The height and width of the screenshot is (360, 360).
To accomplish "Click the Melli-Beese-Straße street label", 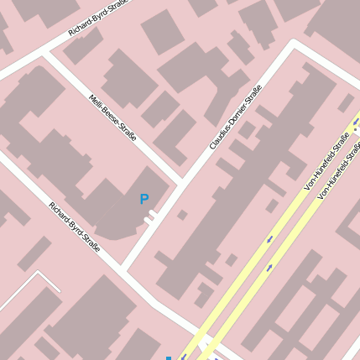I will (112, 117).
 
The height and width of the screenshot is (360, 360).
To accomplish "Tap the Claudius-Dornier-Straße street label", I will (236, 117).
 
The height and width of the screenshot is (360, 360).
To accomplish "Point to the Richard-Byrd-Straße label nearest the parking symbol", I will (74, 227).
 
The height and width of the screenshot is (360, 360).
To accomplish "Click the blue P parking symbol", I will (144, 200).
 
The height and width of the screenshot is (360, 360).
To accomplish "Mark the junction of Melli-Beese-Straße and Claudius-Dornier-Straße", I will (180, 180).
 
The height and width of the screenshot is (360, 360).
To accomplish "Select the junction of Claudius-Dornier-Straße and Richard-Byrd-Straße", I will (125, 268).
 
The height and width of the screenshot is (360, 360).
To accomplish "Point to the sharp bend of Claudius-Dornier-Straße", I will (295, 43).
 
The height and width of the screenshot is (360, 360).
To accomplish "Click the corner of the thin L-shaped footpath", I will (37, 273).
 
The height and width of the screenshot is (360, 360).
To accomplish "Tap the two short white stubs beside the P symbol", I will (150, 217).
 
